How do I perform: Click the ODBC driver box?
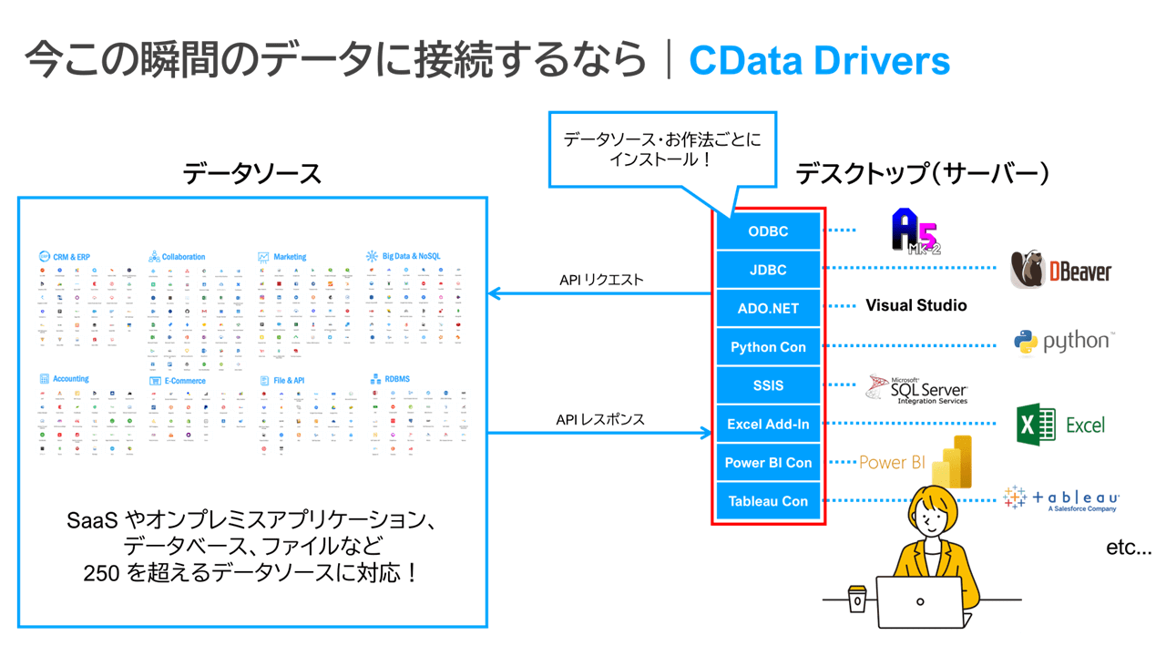(x=768, y=231)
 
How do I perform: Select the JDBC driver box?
(x=768, y=270)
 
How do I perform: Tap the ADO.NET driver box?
(x=768, y=308)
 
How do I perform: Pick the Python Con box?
(x=768, y=347)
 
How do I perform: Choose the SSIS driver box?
(x=768, y=385)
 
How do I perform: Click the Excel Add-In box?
(x=768, y=424)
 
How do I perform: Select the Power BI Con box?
(x=768, y=463)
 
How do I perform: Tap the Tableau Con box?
(x=768, y=501)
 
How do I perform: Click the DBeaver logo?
(x=1061, y=271)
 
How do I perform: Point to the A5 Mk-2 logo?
(x=915, y=231)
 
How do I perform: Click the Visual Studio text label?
(x=915, y=306)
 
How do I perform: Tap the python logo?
(x=1064, y=343)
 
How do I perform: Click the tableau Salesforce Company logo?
(x=1061, y=498)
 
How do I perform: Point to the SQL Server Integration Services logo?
(x=916, y=389)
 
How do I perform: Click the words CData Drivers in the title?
(x=819, y=60)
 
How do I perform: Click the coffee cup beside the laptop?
(x=857, y=599)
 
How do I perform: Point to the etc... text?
(x=1129, y=548)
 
